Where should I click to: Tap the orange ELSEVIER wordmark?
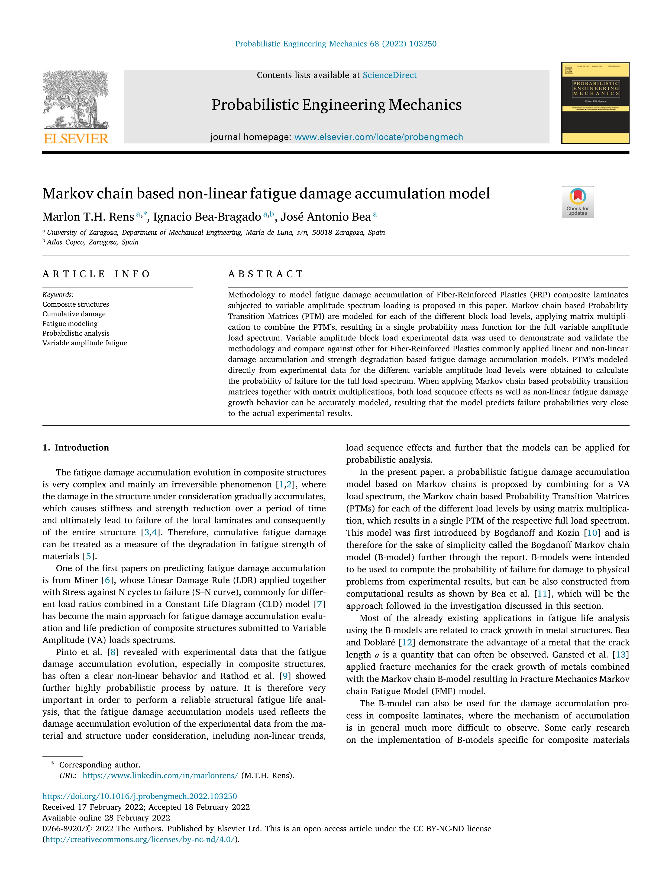pos(76,139)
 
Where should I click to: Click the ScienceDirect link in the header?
pos(389,75)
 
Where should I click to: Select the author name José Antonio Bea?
pos(326,217)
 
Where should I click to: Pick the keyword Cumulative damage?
pos(74,314)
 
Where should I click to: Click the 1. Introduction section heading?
pos(76,448)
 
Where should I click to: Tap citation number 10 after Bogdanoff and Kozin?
pos(592,533)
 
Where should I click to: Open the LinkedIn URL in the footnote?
pos(160,776)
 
